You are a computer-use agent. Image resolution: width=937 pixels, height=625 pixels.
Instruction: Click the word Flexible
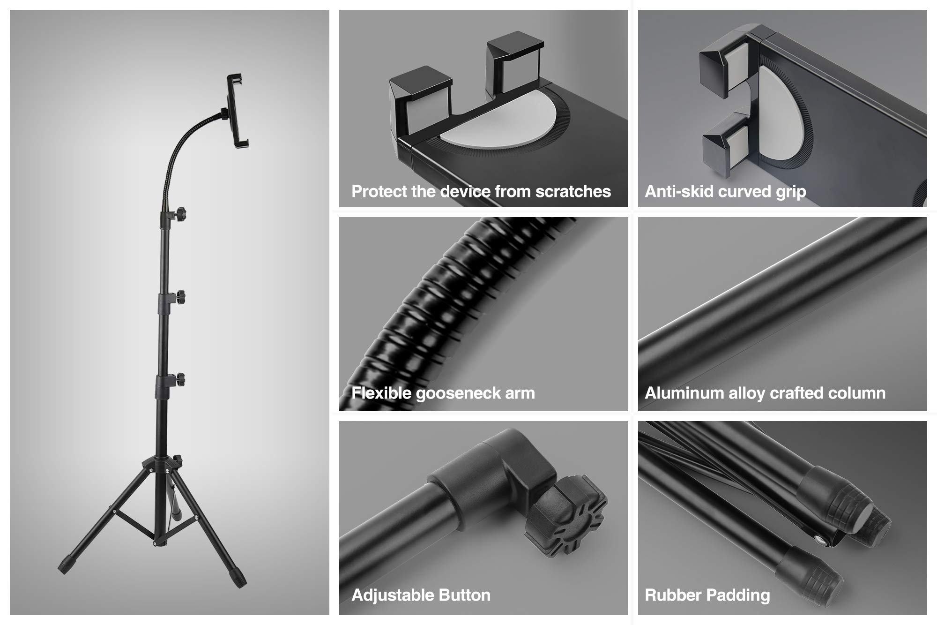click(x=381, y=393)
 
